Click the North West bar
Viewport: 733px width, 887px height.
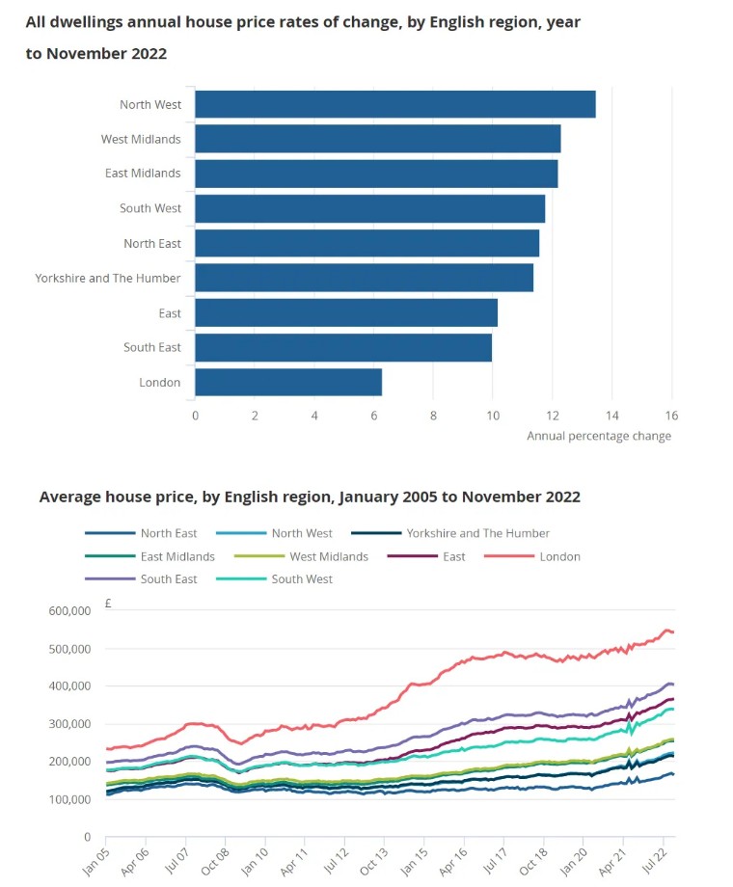pyautogui.click(x=394, y=104)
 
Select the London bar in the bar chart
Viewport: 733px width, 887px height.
pyautogui.click(x=288, y=382)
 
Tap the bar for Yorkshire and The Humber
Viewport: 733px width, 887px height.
pyautogui.click(x=364, y=278)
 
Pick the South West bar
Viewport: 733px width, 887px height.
pyautogui.click(x=369, y=208)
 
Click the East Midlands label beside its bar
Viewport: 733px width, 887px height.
pyautogui.click(x=143, y=174)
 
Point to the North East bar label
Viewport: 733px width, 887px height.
pyautogui.click(x=151, y=243)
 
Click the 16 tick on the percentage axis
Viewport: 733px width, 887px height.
pyautogui.click(x=671, y=416)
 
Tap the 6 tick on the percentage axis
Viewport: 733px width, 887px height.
pyautogui.click(x=374, y=416)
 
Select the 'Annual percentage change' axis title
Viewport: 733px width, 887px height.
pyautogui.click(x=598, y=436)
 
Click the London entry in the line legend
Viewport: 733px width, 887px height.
pyautogui.click(x=559, y=556)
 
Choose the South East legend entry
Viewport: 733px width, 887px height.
pyautogui.click(x=169, y=579)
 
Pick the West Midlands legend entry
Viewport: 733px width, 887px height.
pyautogui.click(x=329, y=556)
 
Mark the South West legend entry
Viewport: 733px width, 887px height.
pyautogui.click(x=302, y=579)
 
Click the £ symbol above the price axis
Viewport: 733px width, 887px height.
pyautogui.click(x=109, y=605)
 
